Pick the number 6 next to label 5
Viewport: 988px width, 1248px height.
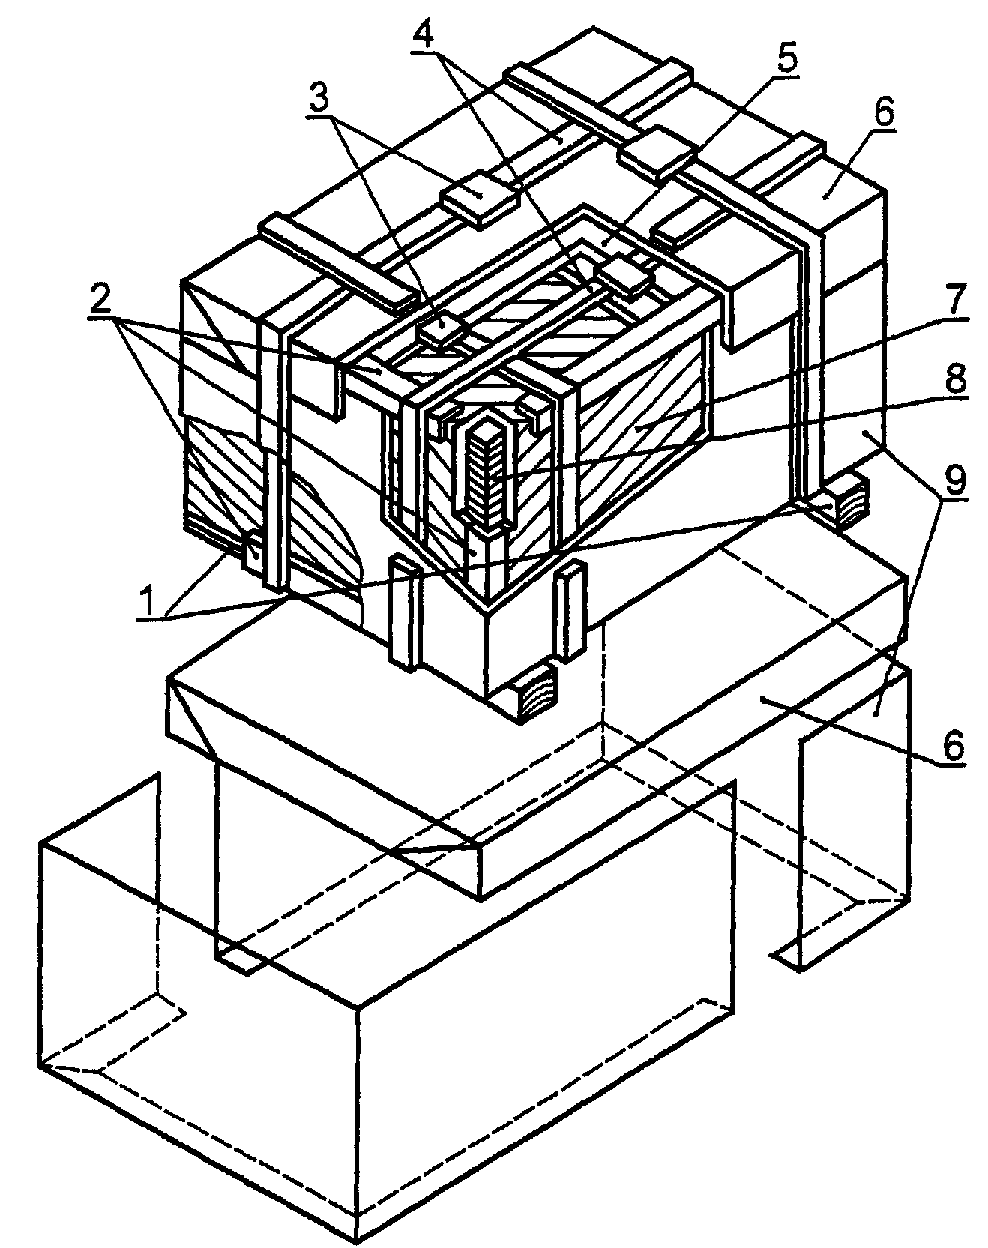(882, 114)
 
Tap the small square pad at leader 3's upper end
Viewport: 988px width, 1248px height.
(478, 197)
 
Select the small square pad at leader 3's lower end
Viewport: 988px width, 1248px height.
(443, 327)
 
